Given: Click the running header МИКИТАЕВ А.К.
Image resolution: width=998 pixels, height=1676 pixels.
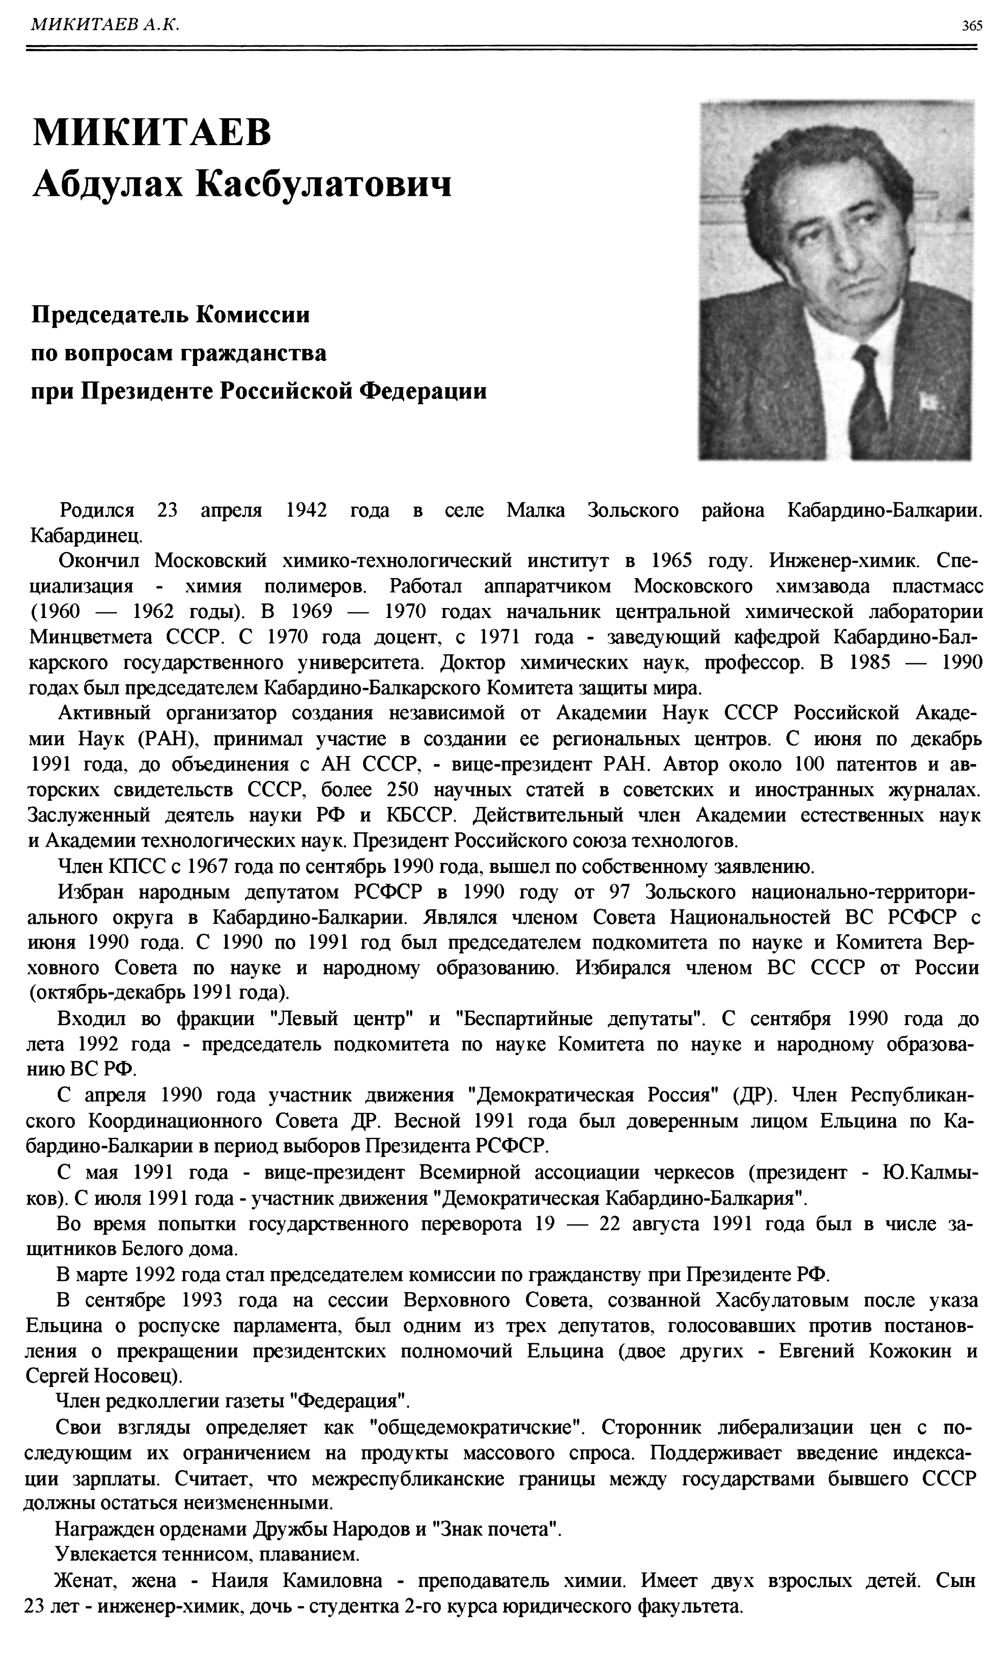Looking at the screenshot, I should [x=105, y=25].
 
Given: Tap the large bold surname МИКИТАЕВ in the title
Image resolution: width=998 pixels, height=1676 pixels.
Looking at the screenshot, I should [x=152, y=132].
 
